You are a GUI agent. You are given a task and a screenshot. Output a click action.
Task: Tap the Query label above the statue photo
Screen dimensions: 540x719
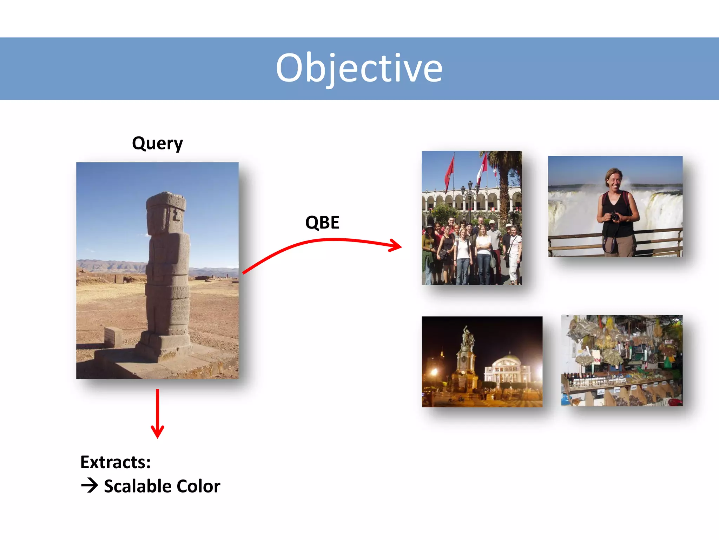tap(157, 143)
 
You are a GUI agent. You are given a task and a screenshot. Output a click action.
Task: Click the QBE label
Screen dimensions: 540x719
tap(322, 222)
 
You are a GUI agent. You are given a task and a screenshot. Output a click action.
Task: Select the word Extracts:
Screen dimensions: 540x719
tap(116, 462)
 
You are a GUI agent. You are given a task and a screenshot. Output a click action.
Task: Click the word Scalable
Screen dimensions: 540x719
tap(138, 486)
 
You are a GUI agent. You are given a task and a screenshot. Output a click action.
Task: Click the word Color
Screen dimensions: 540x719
tap(198, 486)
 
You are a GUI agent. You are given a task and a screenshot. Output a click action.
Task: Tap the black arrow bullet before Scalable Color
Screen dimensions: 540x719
tap(90, 486)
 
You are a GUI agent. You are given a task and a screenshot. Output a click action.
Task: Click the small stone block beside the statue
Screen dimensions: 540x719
tap(113, 336)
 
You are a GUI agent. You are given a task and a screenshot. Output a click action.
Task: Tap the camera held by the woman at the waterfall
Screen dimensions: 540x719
tap(615, 216)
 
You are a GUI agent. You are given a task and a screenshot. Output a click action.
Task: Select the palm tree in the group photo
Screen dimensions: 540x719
tap(504, 176)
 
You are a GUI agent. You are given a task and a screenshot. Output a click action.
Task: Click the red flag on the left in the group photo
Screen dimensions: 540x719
tap(449, 174)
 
